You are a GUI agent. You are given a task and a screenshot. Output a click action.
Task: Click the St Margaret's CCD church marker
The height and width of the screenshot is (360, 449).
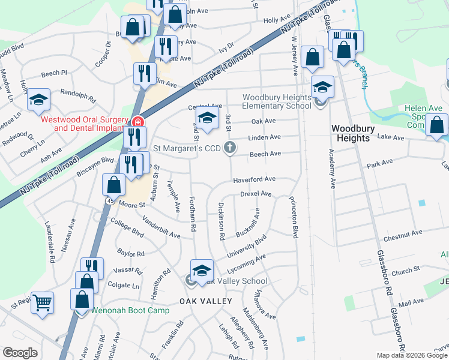pyautogui.click(x=229, y=148)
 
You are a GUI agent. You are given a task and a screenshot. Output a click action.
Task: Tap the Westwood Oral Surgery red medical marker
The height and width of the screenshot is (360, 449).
pyautogui.click(x=138, y=122)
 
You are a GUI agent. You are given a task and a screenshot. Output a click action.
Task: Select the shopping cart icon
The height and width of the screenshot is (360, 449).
pyautogui.click(x=42, y=302)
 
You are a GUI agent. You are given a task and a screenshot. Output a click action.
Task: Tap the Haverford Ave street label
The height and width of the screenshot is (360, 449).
pyautogui.click(x=254, y=179)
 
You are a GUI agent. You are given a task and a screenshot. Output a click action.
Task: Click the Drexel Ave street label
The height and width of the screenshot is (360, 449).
pyautogui.click(x=256, y=194)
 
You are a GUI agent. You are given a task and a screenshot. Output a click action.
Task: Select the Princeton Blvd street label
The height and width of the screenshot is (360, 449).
pyautogui.click(x=294, y=217)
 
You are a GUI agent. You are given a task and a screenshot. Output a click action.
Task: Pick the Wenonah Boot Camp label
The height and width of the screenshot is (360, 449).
pyautogui.click(x=130, y=310)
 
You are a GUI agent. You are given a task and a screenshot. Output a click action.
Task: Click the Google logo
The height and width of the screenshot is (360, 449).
pyautogui.click(x=20, y=353)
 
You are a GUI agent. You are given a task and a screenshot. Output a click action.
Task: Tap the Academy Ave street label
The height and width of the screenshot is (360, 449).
pyautogui.click(x=331, y=169)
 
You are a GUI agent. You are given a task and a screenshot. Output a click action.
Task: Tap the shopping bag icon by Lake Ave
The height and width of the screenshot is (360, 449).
pyautogui.click(x=438, y=125)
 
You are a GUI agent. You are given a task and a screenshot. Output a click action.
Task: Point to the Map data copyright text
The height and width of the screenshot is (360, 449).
pyautogui.click(x=412, y=355)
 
